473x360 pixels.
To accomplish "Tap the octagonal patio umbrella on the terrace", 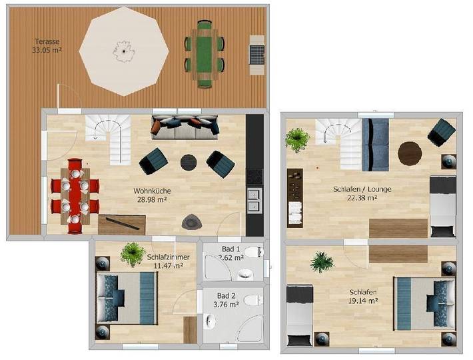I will pyautogui.click(x=123, y=48).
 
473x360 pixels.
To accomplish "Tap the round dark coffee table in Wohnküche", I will pyautogui.click(x=189, y=161).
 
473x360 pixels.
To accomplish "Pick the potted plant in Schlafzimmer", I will pyautogui.click(x=133, y=253).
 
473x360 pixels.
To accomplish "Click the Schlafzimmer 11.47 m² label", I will pyautogui.click(x=170, y=261).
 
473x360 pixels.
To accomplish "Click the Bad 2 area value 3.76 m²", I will pyautogui.click(x=227, y=305).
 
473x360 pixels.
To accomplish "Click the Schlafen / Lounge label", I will pyautogui.click(x=362, y=189).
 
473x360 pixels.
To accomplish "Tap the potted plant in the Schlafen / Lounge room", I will pyautogui.click(x=296, y=140).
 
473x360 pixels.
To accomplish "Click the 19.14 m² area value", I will pyautogui.click(x=363, y=301).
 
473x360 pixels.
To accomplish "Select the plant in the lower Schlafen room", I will pyautogui.click(x=322, y=261).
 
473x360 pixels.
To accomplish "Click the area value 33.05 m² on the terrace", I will pyautogui.click(x=47, y=49).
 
